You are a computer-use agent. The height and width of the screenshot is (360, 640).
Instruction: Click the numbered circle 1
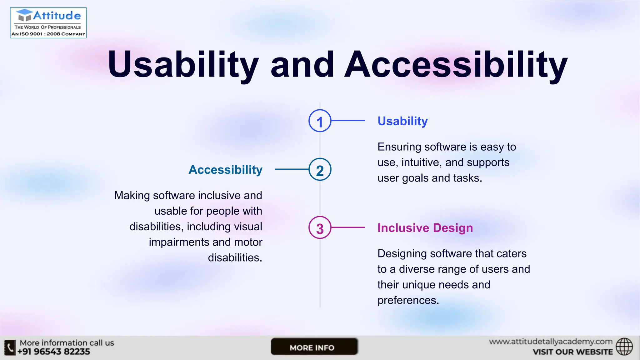coord(320,121)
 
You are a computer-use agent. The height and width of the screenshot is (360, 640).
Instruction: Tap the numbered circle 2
coord(320,170)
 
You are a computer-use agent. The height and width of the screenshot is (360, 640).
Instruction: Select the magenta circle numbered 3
coord(320,228)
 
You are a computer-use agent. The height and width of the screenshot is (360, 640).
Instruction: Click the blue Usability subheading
coord(402,121)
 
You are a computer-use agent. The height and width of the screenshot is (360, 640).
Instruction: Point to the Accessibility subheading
coord(225,170)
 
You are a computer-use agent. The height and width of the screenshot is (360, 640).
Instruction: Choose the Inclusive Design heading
coord(425,228)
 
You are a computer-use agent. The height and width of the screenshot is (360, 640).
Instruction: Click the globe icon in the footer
coord(624,347)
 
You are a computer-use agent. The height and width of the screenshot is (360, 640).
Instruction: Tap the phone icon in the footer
coord(10,347)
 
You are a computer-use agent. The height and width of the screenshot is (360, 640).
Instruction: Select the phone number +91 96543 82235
coord(54,352)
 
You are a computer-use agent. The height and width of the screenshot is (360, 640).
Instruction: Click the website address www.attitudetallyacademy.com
coord(551,342)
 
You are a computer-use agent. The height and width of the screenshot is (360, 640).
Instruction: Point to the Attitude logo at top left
coord(48,23)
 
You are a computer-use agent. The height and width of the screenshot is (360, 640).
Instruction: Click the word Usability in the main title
coord(183,65)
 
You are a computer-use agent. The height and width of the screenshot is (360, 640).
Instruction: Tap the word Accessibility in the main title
coord(456,65)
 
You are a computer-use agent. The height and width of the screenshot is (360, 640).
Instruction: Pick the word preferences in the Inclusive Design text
coord(408,300)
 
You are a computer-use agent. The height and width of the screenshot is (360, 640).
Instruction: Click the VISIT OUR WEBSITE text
coord(572,352)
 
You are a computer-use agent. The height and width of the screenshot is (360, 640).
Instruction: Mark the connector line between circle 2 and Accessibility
coord(292,169)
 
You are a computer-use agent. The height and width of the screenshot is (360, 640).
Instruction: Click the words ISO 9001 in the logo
coord(31,34)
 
